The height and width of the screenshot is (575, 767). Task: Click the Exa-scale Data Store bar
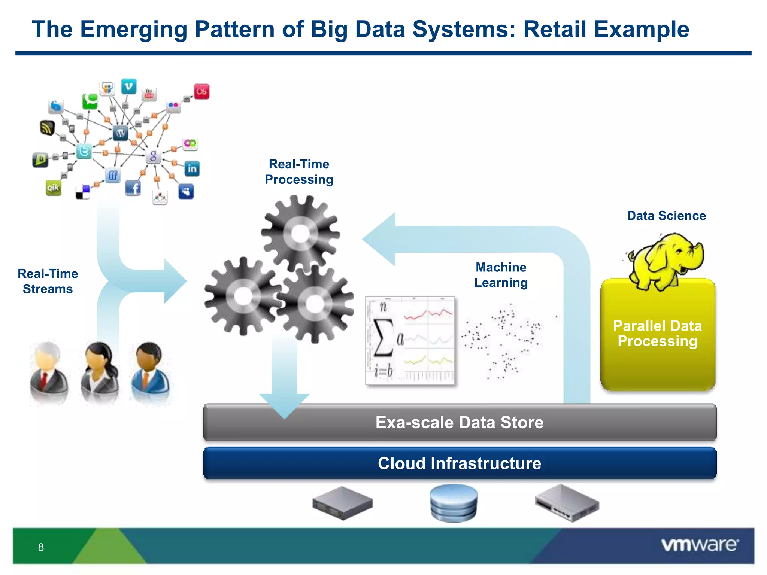pos(460,422)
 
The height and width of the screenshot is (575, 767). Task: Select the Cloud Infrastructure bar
pos(460,463)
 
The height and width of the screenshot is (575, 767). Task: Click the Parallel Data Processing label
pos(657,333)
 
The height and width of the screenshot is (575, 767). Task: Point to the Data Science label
pos(666,216)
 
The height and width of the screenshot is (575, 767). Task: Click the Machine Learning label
pos(501,275)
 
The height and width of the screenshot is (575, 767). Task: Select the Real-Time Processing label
pos(299,172)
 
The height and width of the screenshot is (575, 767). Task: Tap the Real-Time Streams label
pos(48,281)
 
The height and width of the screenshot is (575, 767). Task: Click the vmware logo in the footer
pos(700,545)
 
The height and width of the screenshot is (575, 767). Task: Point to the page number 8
pos(41,547)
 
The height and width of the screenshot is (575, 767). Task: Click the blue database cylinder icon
pos(454,503)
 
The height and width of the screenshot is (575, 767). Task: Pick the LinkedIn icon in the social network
pos(192,168)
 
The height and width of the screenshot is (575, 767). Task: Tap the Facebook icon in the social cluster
pos(133,188)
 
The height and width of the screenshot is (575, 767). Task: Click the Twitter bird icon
pos(84,152)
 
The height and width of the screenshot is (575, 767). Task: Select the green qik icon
pos(53,187)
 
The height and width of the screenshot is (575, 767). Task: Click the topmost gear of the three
pos(300,234)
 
